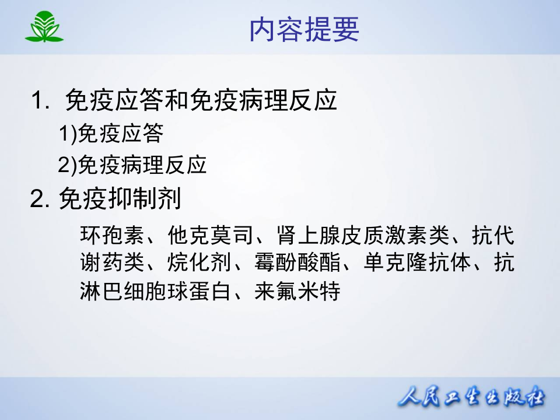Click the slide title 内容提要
coord(304,30)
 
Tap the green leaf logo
coord(44,27)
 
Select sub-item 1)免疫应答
coord(111,134)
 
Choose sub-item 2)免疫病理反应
coord(132,166)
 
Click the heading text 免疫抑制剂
coord(120,200)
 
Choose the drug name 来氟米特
coord(297,290)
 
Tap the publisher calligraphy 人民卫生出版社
coord(471,400)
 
